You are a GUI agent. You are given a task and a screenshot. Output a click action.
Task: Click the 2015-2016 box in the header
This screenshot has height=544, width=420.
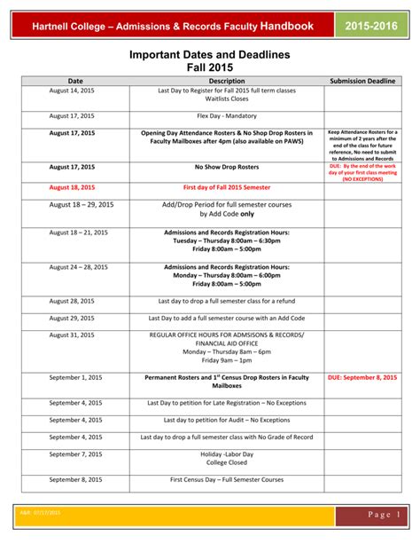pos(372,28)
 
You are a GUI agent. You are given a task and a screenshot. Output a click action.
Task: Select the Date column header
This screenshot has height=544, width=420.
pos(75,81)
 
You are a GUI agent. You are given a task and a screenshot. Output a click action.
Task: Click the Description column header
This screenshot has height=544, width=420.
pos(226,81)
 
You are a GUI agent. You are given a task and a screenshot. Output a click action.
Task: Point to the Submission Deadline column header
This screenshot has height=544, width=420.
pos(362,81)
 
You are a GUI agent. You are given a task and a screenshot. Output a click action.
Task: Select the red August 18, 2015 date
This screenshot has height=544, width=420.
pos(72,188)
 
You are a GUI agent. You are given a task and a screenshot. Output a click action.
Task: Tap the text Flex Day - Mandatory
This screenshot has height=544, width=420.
pos(226,115)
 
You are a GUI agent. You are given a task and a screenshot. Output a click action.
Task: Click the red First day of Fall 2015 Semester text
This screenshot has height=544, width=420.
pos(226,188)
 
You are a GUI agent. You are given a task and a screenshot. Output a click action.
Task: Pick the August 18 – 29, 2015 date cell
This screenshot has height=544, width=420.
pos(82,205)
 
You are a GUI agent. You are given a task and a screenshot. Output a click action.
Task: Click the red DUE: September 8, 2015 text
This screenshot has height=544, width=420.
pos(362,377)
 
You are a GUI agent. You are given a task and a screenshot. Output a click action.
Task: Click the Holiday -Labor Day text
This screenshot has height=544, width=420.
pos(226,453)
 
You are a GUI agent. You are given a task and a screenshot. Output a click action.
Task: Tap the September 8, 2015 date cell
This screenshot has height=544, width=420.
pos(75,479)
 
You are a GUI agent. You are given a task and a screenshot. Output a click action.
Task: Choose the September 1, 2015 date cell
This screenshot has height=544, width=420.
pos(75,377)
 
